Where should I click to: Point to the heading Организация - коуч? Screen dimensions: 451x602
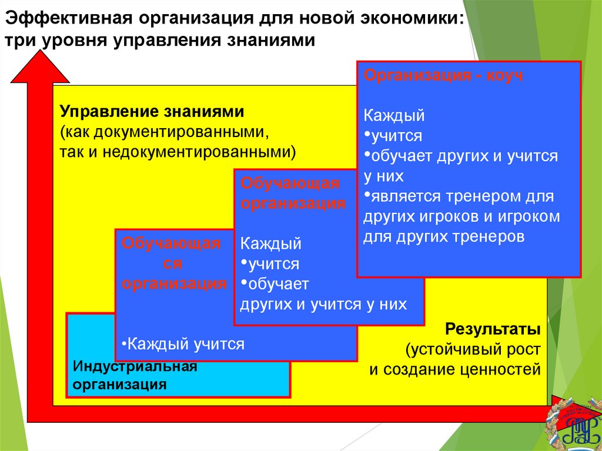point(444,76)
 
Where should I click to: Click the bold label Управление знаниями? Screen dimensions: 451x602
point(151,111)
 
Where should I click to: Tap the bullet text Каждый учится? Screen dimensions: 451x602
point(183,344)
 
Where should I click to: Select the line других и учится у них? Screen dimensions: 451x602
point(323,305)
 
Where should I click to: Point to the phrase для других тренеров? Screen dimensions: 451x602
point(443,238)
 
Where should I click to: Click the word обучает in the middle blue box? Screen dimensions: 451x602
point(278,284)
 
